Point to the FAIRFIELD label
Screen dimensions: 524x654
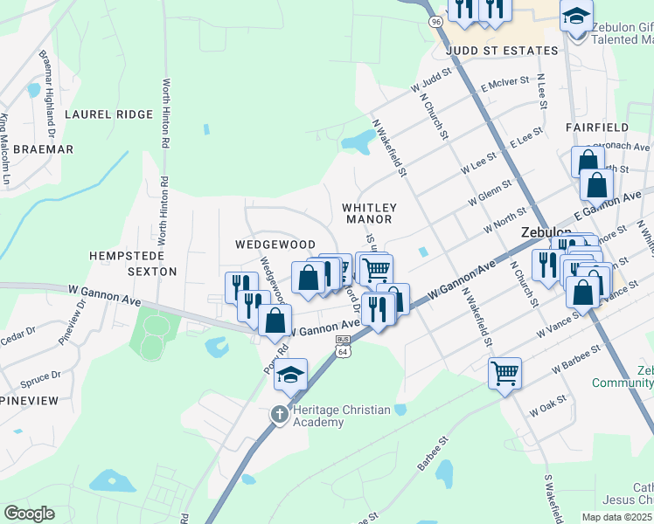[x=596, y=128]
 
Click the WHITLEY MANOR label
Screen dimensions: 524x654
[x=369, y=213]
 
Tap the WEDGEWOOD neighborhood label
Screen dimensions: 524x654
[x=275, y=245]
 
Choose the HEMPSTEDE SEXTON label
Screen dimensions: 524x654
[x=133, y=263]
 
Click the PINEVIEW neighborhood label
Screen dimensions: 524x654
[x=29, y=400]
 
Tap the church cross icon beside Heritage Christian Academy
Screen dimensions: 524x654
[x=279, y=413]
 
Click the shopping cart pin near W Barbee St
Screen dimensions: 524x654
[x=504, y=374]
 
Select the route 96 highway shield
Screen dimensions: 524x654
[x=435, y=19]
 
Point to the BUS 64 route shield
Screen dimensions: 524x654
[x=343, y=346]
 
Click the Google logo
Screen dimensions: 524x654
[x=28, y=514]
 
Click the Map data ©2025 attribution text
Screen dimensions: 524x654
[x=616, y=517]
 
